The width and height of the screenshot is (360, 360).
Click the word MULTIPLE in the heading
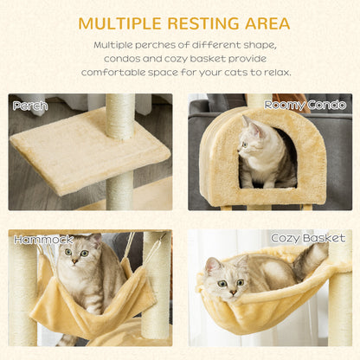tap(119, 23)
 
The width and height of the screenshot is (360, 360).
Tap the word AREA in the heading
tap(267, 23)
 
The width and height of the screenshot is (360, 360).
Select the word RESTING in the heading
tap(203, 23)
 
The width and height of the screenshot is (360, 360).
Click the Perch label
tap(30, 106)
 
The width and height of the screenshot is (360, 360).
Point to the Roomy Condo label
tap(305, 105)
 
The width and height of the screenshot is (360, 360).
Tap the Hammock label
tap(44, 240)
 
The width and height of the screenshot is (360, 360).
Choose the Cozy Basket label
tap(308, 238)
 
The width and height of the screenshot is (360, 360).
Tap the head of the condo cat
tap(250, 136)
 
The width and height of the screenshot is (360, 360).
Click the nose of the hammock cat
tap(75, 261)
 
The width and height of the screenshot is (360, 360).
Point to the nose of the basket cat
tap(233, 292)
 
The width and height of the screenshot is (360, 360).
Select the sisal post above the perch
tap(120, 117)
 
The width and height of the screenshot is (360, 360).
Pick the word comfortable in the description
tap(113, 73)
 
